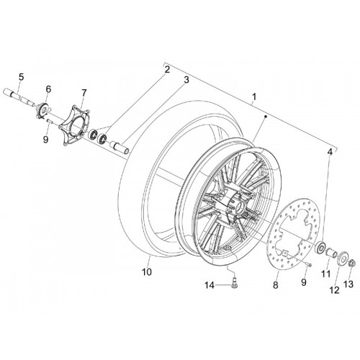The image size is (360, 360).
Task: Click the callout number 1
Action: tap(254, 97)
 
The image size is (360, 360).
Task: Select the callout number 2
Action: tap(167, 70)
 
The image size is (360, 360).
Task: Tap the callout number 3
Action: tap(186, 80)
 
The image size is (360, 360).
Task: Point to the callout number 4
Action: tap(330, 152)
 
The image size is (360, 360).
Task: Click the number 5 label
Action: tap(21, 77)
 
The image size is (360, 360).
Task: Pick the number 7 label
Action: tap(84, 93)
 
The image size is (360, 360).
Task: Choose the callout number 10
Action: tap(147, 272)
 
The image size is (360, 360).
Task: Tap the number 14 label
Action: tap(209, 285)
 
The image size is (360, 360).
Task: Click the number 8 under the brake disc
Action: tap(275, 285)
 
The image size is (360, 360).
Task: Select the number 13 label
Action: tap(348, 284)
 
